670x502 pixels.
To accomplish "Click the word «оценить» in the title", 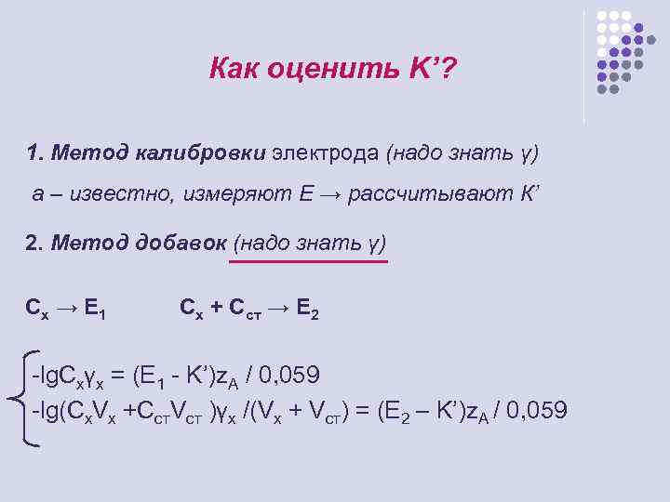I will click(x=310, y=68).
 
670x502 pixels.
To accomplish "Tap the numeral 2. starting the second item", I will click(x=34, y=244).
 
